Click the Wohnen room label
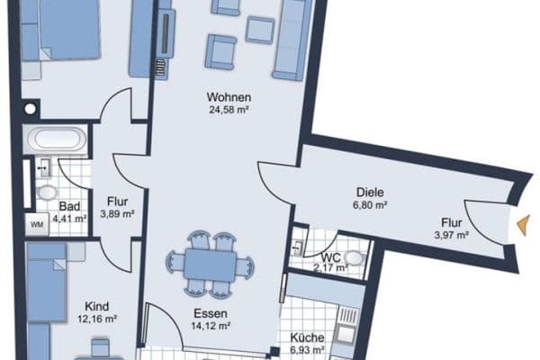pyautogui.click(x=228, y=97)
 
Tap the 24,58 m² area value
pyautogui.click(x=228, y=111)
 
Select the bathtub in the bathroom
pyautogui.click(x=56, y=141)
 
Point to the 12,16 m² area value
pyautogui.click(x=98, y=319)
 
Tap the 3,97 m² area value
pyautogui.click(x=452, y=235)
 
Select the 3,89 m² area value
pyautogui.click(x=118, y=214)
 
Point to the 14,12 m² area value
pyautogui.click(x=212, y=327)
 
